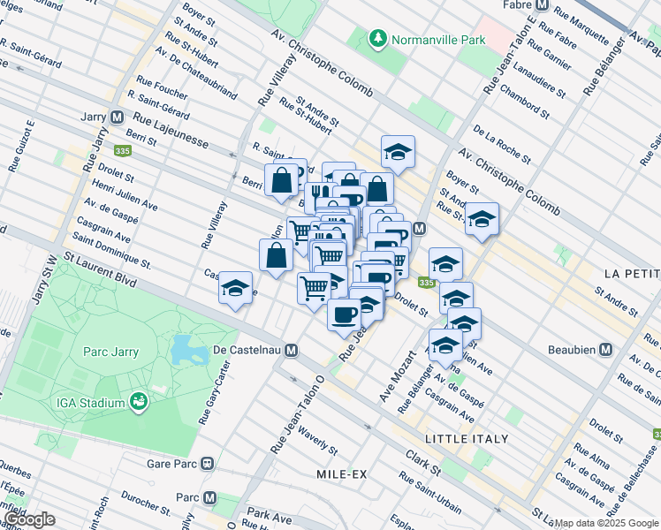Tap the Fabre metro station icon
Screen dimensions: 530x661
click(x=543, y=4)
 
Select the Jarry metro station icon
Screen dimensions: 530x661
click(x=117, y=117)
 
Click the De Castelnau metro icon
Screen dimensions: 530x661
click(x=291, y=351)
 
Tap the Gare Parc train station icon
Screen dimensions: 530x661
click(x=207, y=462)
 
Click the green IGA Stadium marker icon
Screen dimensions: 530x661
click(x=139, y=403)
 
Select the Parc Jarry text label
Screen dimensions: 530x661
click(x=110, y=352)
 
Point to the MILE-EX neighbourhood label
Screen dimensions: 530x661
click(x=341, y=474)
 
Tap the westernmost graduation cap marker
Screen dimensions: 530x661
click(x=235, y=289)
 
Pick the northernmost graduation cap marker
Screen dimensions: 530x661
click(x=398, y=152)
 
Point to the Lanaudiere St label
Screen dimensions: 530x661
click(x=538, y=76)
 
